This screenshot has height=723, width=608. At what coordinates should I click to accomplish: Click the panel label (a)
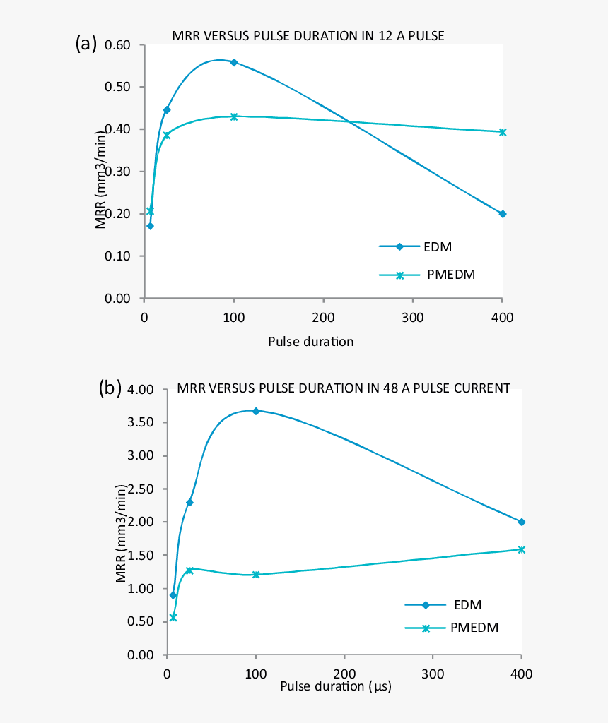(86, 44)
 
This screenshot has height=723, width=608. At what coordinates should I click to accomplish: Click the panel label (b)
(109, 388)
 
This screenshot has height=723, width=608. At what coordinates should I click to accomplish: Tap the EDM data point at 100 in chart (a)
(234, 62)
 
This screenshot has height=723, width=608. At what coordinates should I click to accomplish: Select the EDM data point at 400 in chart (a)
(503, 214)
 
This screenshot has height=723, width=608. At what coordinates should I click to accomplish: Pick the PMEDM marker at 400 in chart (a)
(503, 132)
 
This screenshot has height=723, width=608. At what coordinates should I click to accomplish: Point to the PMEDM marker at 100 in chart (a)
(234, 116)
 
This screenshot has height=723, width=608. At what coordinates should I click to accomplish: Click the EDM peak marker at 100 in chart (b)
(256, 411)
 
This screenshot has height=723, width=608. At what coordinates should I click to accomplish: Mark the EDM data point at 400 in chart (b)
(522, 522)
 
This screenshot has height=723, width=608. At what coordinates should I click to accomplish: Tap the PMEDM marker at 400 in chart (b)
(522, 549)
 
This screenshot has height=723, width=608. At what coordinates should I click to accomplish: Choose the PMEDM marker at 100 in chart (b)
(256, 575)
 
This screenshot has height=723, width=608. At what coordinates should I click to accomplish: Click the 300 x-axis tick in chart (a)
(412, 317)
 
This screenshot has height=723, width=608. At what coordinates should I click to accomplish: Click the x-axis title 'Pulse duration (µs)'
(336, 686)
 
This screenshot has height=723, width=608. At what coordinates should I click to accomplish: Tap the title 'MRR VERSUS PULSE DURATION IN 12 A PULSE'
(308, 36)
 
